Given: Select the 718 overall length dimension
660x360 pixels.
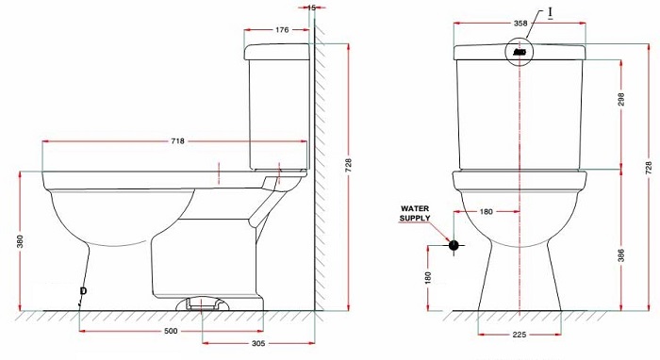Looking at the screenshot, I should tap(177, 141).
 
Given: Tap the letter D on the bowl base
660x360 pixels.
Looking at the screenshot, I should tap(83, 289).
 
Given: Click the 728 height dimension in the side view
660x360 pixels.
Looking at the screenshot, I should tap(348, 166).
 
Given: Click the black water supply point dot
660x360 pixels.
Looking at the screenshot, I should tap(454, 245).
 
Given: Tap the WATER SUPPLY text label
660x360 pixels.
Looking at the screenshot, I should tap(415, 212).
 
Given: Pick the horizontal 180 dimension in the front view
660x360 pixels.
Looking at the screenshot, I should tap(487, 211).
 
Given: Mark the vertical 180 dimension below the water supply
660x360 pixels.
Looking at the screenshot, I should tap(427, 277).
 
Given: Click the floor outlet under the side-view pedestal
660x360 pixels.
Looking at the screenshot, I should tap(202, 303).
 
